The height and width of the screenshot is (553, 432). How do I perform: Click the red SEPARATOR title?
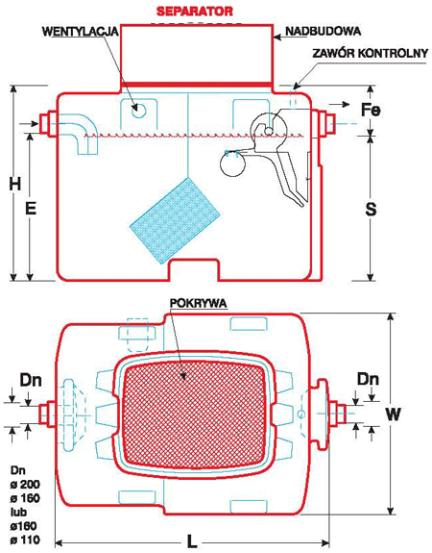click(x=195, y=11)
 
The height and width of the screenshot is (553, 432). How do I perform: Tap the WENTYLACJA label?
click(x=80, y=32)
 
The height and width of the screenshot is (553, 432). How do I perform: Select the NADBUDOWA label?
click(x=323, y=31)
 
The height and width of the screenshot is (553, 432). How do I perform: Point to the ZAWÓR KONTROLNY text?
click(x=371, y=53)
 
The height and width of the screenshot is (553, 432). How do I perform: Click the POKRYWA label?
click(x=198, y=303)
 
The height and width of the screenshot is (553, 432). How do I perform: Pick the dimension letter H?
click(x=14, y=184)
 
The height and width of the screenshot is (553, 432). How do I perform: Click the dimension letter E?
click(x=31, y=209)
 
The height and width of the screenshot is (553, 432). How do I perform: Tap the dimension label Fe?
click(x=371, y=110)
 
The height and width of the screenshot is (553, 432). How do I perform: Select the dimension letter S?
click(x=371, y=209)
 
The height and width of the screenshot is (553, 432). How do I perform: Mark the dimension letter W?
click(x=393, y=414)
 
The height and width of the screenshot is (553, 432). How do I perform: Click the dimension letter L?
click(x=192, y=541)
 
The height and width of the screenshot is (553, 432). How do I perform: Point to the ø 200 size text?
click(x=25, y=484)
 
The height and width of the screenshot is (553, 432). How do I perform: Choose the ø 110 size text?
click(x=25, y=540)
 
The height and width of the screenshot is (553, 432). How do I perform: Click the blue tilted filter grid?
click(x=175, y=220)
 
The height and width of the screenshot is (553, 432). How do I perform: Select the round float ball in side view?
click(x=232, y=163)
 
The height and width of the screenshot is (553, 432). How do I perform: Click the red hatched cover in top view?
click(x=195, y=415)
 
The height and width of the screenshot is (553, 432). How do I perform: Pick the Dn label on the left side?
click(x=31, y=380)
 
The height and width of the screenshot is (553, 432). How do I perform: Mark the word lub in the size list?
click(x=18, y=512)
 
